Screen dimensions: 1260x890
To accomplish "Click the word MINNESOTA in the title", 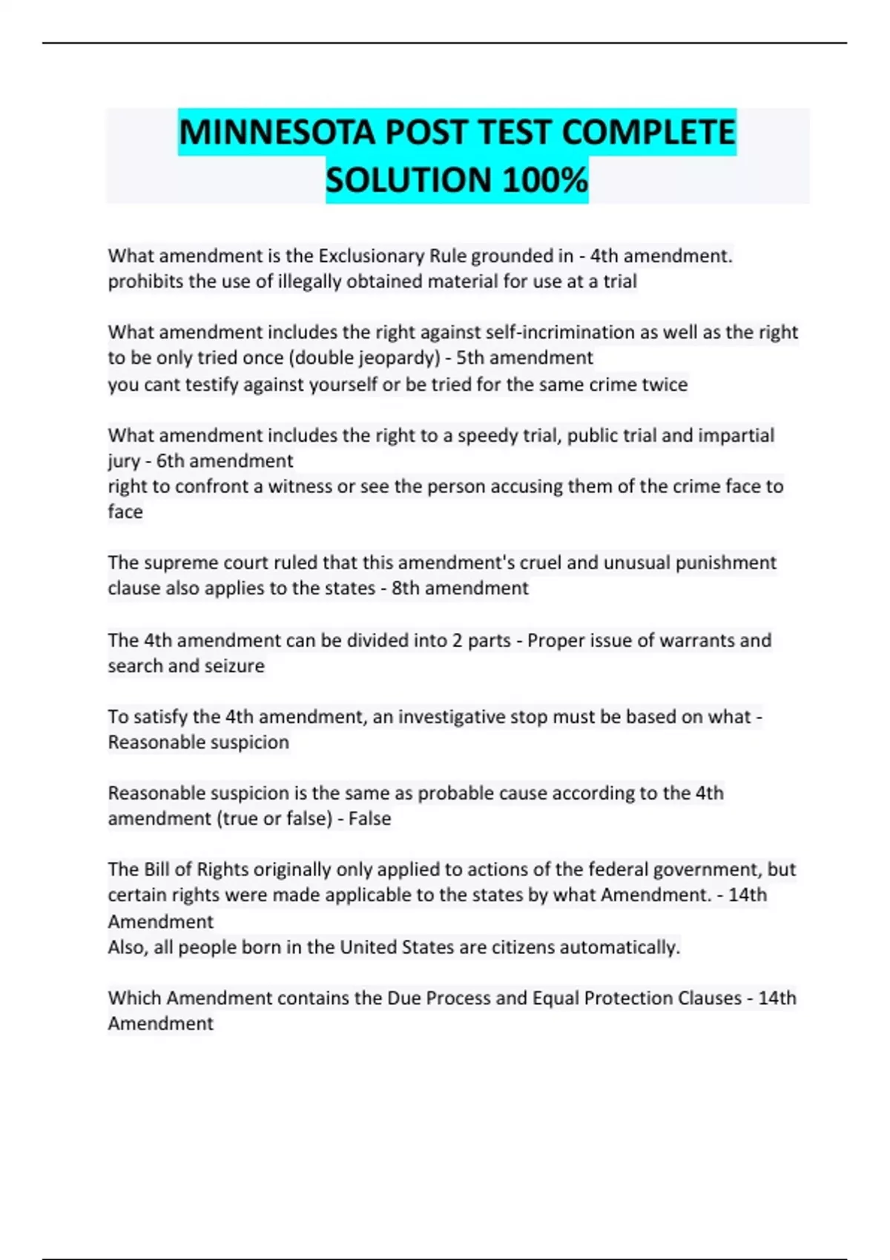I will (x=277, y=133).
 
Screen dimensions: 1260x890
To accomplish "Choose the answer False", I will (x=369, y=819).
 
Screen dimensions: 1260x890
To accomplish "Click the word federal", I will (x=624, y=869).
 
